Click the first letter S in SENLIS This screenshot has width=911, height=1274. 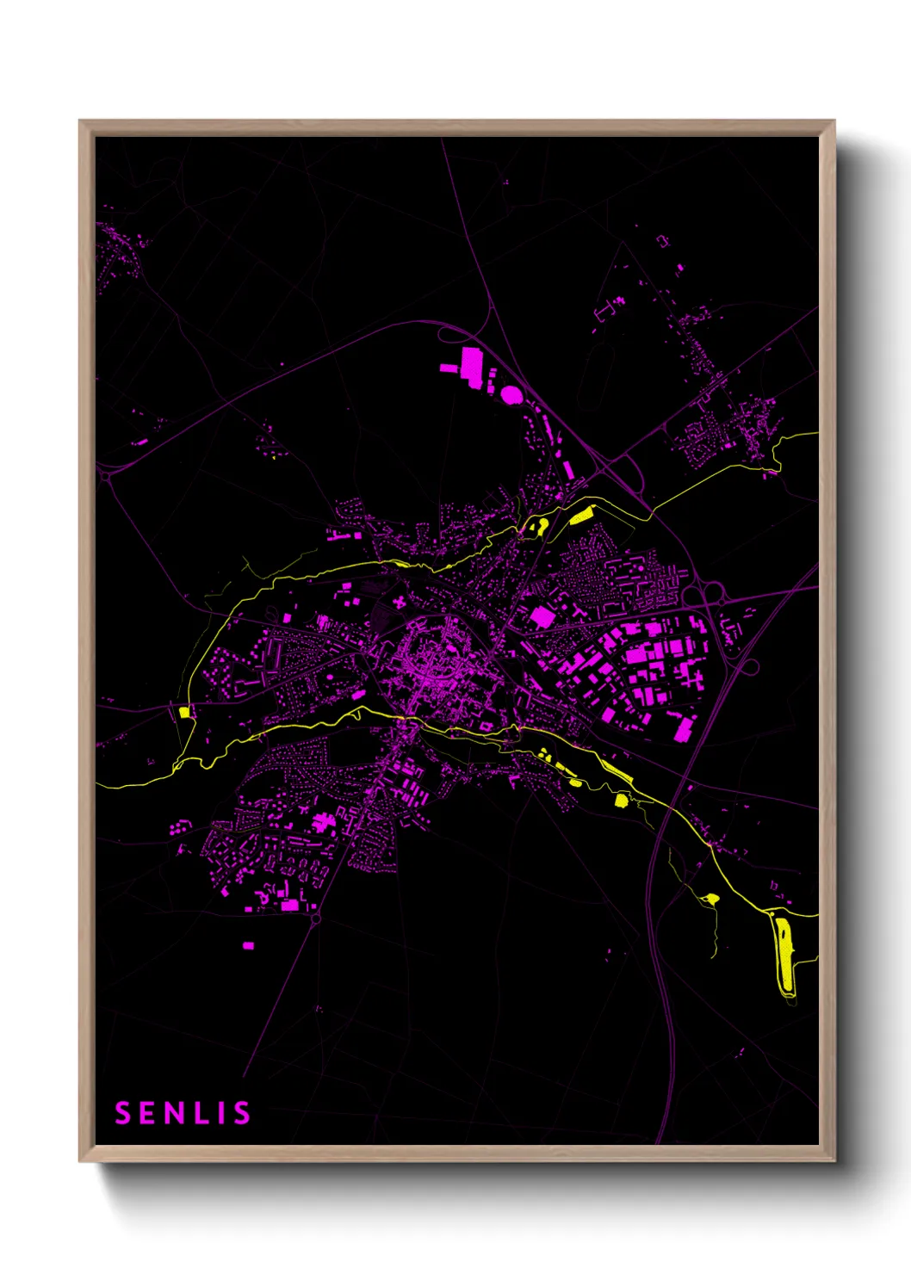click(123, 1113)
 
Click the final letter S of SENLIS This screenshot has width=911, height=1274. click(240, 1113)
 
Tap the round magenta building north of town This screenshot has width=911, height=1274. click(511, 395)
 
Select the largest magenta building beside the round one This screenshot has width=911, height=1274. click(471, 364)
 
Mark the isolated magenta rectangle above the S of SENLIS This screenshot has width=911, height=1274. click(248, 945)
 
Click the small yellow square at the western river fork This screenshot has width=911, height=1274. click(183, 712)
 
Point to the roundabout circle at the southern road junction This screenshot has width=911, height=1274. click(315, 919)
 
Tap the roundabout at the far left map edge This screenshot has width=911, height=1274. click(104, 474)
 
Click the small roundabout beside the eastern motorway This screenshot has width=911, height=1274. click(749, 666)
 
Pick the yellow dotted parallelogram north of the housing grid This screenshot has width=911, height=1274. click(581, 516)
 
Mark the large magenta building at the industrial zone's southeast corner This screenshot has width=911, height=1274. click(685, 728)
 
